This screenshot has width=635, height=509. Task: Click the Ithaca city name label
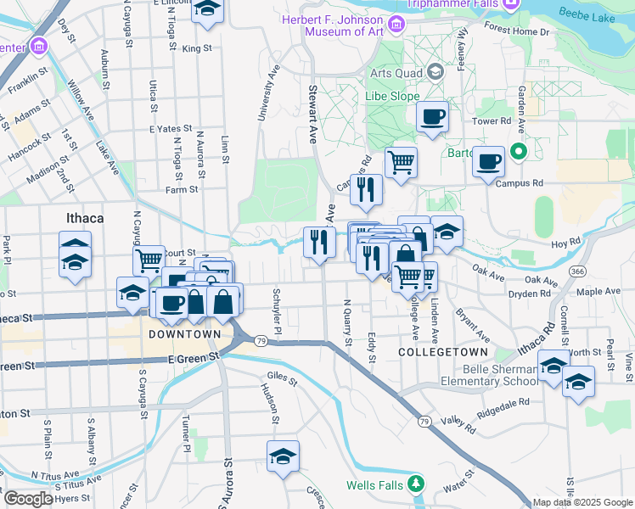point(85,218)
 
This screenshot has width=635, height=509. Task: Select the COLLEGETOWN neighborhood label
point(443,351)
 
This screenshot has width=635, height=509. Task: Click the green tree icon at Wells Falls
point(415,484)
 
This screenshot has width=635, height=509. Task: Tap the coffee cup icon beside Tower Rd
point(433,116)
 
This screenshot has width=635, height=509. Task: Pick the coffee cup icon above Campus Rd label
point(488,161)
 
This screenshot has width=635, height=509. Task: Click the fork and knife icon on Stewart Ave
point(319,243)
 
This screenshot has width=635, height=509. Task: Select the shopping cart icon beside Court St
point(149,259)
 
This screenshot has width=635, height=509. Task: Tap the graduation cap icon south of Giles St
point(283,456)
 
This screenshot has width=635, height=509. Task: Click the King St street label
point(196,48)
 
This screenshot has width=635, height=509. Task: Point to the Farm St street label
point(182,190)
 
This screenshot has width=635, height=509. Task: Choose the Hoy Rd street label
point(564,243)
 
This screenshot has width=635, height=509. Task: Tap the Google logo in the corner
point(27,499)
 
